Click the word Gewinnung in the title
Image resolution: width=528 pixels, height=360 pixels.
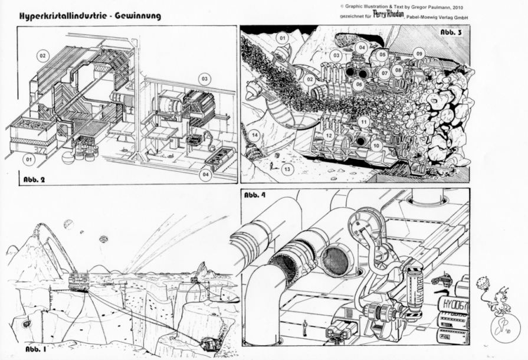coord(135,16)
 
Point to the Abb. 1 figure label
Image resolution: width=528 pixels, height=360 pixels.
coord(37,349)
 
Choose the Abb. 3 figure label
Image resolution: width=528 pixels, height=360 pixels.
coord(451,32)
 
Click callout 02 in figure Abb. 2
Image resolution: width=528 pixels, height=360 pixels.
coord(42,55)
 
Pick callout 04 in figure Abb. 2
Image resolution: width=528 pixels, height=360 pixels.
coord(205,174)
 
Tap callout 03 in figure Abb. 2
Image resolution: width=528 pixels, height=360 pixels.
coord(205,78)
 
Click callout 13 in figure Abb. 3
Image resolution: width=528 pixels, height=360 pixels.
coord(287,169)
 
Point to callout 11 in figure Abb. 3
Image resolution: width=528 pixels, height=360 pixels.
coord(364,122)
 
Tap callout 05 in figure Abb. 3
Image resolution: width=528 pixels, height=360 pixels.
coord(382,55)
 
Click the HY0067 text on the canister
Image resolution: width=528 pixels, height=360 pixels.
coord(452,306)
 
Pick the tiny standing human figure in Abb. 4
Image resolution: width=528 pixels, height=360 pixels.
coord(304,325)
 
